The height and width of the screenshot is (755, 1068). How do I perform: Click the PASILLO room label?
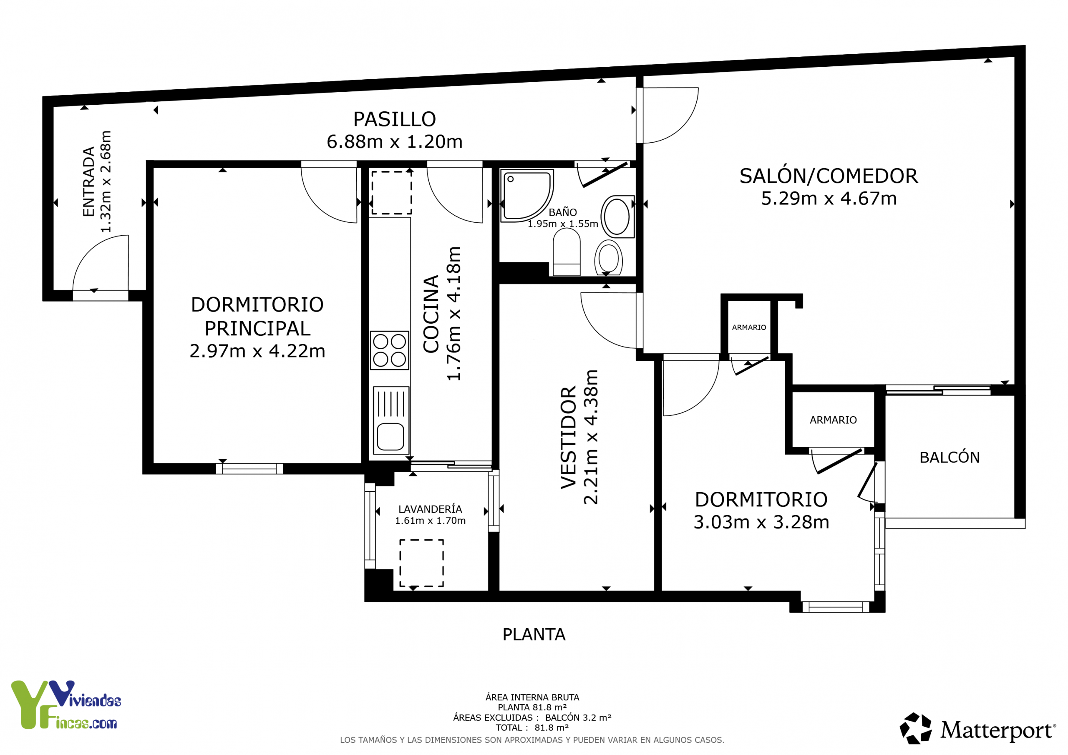click(395, 119)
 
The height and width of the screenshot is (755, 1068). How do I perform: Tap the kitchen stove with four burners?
click(389, 350)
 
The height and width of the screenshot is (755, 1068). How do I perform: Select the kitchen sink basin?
click(390, 437)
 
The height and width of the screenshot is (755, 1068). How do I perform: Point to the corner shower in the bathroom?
click(527, 195)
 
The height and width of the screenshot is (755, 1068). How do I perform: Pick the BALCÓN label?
click(950, 457)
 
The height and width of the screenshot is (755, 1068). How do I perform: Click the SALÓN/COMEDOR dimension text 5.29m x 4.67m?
click(829, 199)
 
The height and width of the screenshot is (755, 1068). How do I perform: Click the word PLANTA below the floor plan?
click(534, 634)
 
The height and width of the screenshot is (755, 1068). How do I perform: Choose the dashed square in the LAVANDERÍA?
click(421, 563)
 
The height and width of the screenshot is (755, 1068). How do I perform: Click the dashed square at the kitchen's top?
click(391, 193)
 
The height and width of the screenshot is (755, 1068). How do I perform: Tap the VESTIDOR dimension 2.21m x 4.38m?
click(591, 437)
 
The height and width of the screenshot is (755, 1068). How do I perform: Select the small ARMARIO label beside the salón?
click(749, 327)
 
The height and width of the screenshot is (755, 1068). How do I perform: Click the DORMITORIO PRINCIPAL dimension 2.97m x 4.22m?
click(257, 351)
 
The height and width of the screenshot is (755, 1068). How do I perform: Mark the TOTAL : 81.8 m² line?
click(532, 727)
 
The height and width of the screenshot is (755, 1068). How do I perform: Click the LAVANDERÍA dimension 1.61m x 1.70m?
click(430, 521)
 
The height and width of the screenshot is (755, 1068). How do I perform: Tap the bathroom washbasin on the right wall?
click(617, 217)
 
